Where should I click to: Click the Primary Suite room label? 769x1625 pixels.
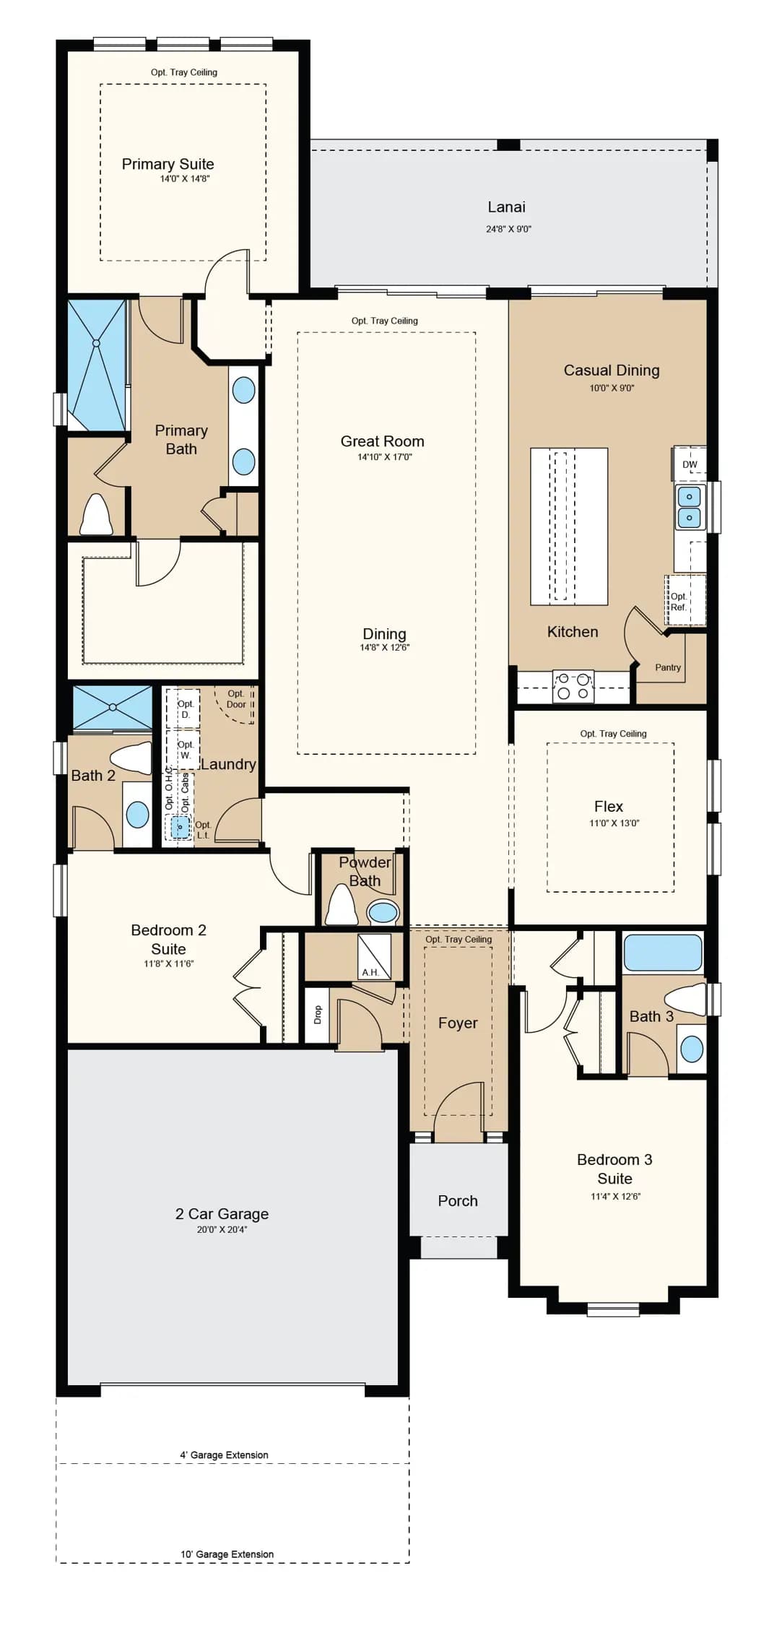click(x=168, y=164)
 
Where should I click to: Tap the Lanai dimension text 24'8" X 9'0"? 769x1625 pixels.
click(x=508, y=229)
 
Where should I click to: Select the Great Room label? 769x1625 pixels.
click(x=382, y=441)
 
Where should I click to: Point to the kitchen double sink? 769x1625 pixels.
click(x=689, y=507)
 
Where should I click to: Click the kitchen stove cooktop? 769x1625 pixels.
click(x=573, y=686)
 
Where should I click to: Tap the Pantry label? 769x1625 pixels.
click(x=668, y=667)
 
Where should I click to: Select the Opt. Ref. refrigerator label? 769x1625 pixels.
click(x=679, y=602)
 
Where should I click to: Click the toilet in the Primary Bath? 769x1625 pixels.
click(x=96, y=513)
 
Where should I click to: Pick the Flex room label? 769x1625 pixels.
click(x=609, y=806)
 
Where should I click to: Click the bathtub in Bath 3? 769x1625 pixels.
click(x=663, y=953)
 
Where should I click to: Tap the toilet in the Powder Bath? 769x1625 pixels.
click(x=342, y=904)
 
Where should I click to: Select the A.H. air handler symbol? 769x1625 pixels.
click(x=375, y=957)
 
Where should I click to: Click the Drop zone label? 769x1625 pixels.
click(x=318, y=1015)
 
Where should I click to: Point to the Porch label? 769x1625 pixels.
click(x=458, y=1200)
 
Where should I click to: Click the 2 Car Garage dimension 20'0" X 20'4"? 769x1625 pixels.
click(x=222, y=1229)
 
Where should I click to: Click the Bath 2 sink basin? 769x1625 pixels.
click(x=137, y=815)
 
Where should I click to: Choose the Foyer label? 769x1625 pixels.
click(x=458, y=1023)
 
